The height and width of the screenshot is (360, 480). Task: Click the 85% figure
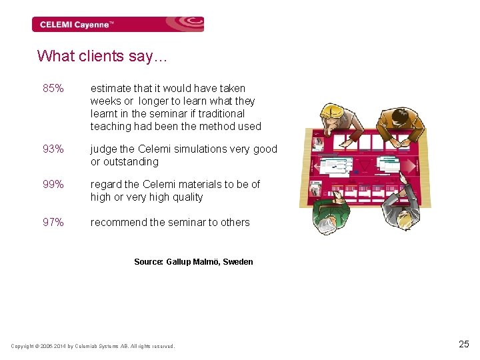click(53, 88)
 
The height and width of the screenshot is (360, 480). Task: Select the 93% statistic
click(53, 149)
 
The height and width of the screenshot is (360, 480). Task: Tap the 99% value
click(53, 184)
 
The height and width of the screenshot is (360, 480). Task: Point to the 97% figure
click(53, 223)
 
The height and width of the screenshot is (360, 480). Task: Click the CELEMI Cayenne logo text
click(77, 25)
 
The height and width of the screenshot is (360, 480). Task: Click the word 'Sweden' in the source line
click(239, 262)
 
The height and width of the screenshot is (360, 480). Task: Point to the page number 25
click(464, 344)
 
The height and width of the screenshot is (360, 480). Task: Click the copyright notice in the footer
click(93, 346)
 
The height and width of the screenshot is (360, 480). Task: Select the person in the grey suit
click(401, 209)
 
